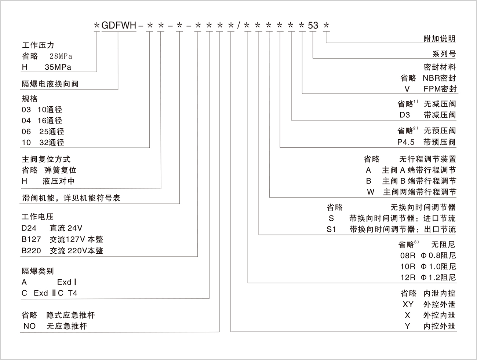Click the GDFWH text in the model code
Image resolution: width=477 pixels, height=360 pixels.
[119, 25]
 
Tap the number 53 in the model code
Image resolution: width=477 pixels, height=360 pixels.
[313, 25]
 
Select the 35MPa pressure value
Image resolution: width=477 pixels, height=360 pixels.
[58, 67]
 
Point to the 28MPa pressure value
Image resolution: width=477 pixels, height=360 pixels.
[61, 56]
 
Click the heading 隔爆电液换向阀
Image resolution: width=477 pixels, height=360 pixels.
[50, 84]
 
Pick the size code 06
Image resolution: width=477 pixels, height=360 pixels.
[26, 131]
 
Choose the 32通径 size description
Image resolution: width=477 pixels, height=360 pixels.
[52, 143]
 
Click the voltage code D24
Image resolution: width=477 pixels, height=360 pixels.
[29, 228]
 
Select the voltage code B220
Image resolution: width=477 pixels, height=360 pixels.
[31, 250]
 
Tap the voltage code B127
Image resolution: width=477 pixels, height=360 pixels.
[31, 239]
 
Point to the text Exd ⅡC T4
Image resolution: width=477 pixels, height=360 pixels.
[55, 293]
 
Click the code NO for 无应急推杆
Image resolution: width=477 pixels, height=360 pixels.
[30, 326]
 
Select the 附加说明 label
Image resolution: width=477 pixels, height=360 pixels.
[440, 38]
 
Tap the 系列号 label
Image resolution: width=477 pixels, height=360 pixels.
[444, 54]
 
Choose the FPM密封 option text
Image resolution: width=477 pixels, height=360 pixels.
[440, 89]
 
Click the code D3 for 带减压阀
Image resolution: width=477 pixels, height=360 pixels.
[405, 115]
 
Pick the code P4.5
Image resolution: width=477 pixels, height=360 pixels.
[406, 142]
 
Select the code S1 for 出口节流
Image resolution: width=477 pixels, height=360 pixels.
[331, 229]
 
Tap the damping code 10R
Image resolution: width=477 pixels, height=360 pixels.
[408, 267]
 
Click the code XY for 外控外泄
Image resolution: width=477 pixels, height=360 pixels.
[408, 304]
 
